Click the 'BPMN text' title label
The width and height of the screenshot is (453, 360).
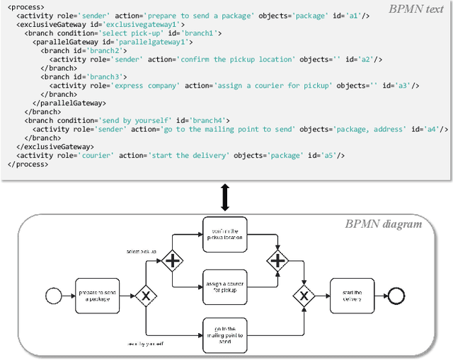[x=415, y=9]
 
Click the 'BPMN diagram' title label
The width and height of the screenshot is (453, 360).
[x=383, y=224]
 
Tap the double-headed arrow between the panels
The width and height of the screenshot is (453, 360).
[x=225, y=196]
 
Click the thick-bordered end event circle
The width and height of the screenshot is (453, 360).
[x=394, y=295]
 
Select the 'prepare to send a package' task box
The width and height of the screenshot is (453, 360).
[x=98, y=296]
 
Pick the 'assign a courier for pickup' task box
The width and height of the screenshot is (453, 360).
[x=224, y=286]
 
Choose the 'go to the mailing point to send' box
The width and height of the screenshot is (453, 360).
[x=224, y=335]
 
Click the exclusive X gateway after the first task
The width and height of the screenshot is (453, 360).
[x=146, y=296]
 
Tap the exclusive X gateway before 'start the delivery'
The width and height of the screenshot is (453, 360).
[x=304, y=296]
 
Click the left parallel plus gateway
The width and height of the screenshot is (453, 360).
[x=172, y=261]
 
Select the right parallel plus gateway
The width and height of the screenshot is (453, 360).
[x=277, y=261]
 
